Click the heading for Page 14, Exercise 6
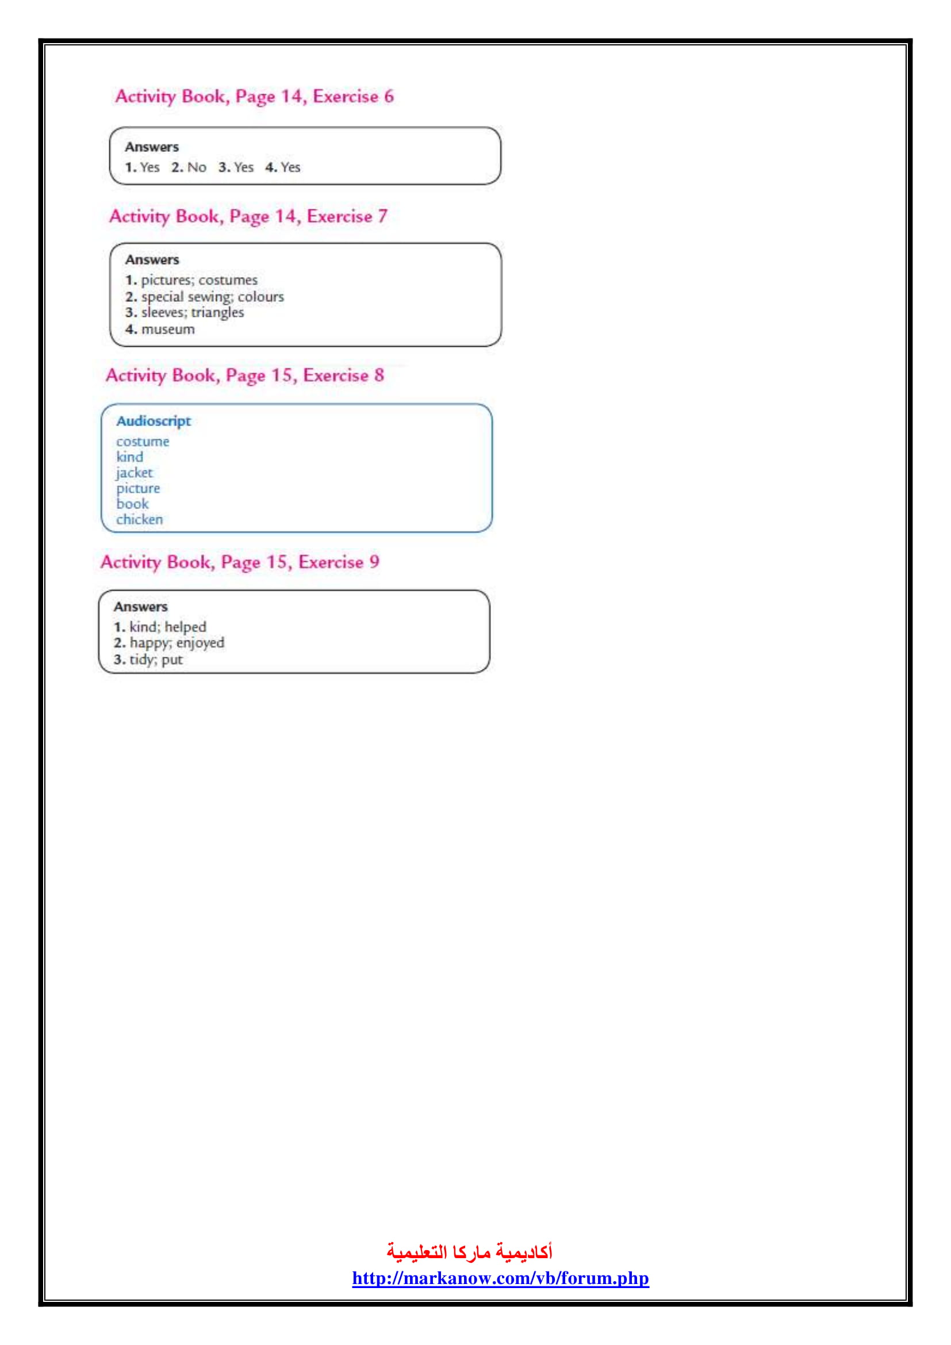pos(254,97)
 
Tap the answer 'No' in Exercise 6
pos(197,167)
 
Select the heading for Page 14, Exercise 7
pos(248,217)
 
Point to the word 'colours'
pos(260,297)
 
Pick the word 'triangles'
pos(217,313)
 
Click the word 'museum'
pos(168,330)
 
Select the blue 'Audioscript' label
pos(154,421)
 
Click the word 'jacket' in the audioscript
pos(134,473)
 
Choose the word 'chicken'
pos(139,520)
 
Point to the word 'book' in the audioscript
pos(132,504)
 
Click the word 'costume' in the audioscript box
pos(142,442)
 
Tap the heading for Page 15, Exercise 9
pos(240,562)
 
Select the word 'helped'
pos(186,627)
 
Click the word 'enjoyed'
pos(200,643)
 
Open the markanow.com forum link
pos(501,1278)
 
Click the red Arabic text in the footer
pos(470,1252)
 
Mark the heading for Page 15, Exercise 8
pos(245,375)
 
